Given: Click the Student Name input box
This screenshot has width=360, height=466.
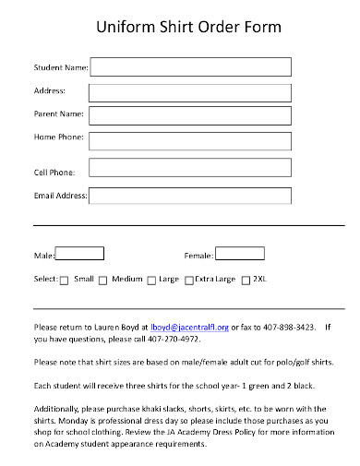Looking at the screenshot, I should [x=189, y=66].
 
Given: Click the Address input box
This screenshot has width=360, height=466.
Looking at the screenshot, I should [x=189, y=90].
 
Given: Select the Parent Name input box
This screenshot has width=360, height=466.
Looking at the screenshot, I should [x=189, y=114].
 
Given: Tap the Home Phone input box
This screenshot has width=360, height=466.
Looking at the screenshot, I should [x=189, y=138].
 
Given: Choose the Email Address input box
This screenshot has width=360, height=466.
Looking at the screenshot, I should [x=189, y=196].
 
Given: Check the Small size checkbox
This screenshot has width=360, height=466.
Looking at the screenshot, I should [x=64, y=280].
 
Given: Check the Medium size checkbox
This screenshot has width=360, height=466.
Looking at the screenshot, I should [x=102, y=280].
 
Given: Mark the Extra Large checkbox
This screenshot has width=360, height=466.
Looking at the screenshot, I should [x=188, y=280].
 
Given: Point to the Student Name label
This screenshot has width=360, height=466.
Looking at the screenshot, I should [x=60, y=67].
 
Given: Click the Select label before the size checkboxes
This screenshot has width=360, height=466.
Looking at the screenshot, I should [x=45, y=279].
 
